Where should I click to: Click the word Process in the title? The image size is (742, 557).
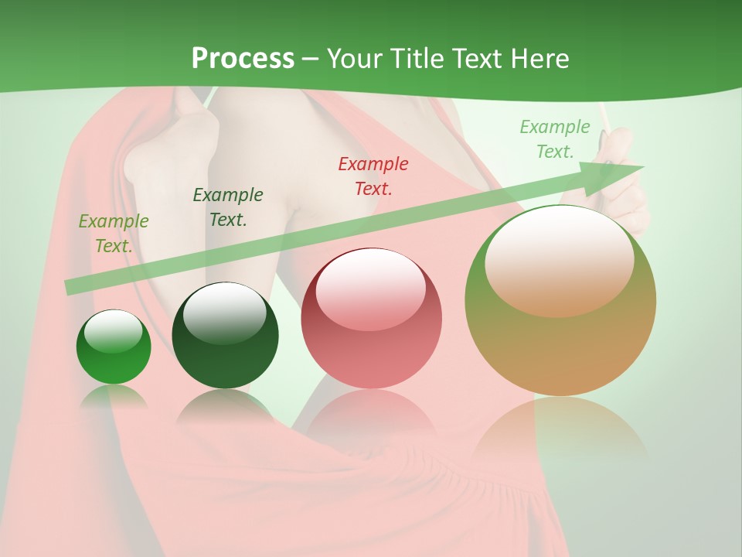[x=243, y=59]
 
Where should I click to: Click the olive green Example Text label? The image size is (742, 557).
[x=113, y=234]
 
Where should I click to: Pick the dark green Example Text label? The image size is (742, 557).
[x=227, y=207]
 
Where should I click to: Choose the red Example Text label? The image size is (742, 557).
[x=373, y=176]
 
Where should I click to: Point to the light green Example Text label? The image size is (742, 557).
[x=554, y=139]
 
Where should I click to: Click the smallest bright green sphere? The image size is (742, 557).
[x=114, y=348]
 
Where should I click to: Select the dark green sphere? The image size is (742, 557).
[x=225, y=336]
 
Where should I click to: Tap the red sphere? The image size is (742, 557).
[x=371, y=319]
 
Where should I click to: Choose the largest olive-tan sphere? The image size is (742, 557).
[x=560, y=302]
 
